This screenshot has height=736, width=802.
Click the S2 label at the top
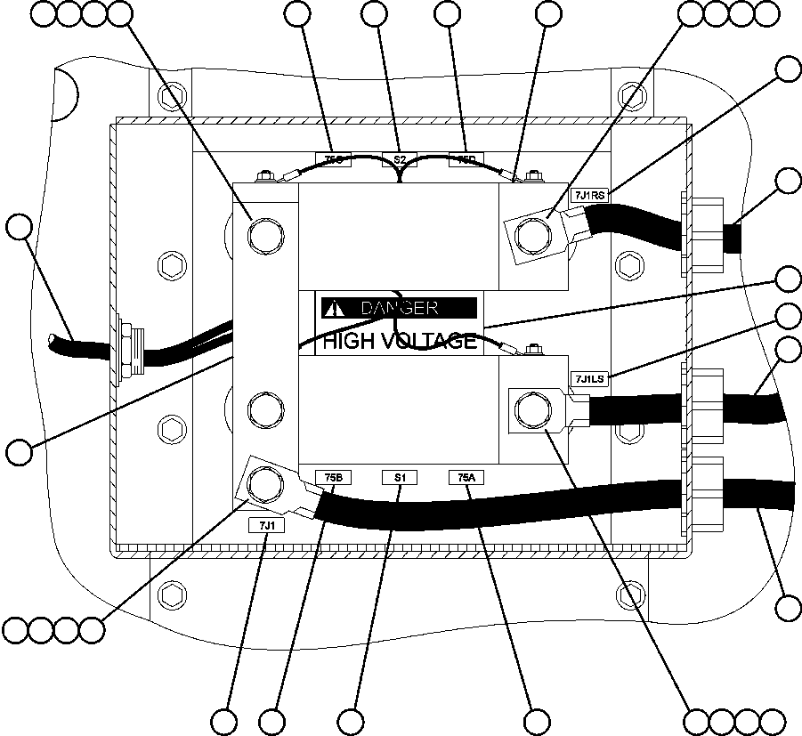400,159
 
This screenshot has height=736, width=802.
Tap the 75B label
332,478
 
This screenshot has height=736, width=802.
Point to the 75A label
466,478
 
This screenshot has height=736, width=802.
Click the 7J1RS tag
588,195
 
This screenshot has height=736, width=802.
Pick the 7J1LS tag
588,378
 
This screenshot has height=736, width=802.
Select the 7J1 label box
266,525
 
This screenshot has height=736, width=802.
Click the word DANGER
399,308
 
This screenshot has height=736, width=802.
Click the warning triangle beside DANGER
334,308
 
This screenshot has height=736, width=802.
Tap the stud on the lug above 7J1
264,484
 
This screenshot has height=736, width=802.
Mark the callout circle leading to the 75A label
538,719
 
